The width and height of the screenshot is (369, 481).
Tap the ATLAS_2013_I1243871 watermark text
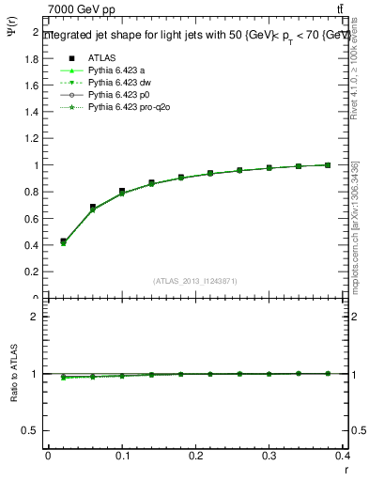pos(195,281)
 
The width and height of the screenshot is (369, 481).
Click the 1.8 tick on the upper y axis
pos(33,58)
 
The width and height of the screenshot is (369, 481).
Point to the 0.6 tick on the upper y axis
pos(33,219)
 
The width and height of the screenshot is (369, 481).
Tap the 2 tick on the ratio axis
pos(35,317)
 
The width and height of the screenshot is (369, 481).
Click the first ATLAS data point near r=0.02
pos(63,241)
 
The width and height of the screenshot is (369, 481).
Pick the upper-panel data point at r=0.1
pos(122,191)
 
